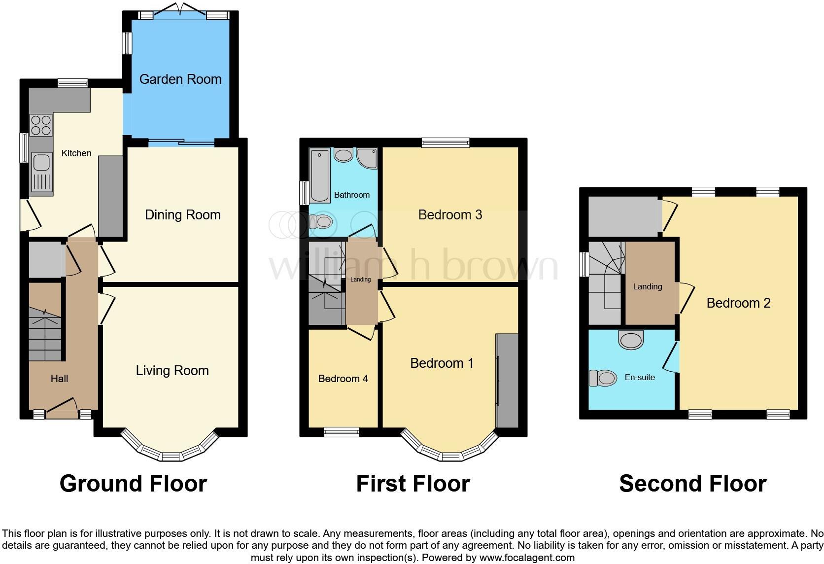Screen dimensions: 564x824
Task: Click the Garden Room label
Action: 180,79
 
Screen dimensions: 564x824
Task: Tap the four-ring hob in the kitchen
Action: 41,124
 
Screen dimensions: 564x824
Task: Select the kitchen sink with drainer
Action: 41,172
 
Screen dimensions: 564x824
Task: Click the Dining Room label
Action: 182,214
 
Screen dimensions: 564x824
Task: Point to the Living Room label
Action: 172,370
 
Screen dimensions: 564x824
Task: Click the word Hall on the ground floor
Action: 59,379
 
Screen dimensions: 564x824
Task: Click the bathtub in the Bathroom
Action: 320,176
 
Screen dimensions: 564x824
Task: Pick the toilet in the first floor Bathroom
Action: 321,222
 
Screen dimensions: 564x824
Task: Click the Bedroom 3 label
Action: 449,214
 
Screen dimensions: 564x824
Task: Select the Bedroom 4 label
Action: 343,379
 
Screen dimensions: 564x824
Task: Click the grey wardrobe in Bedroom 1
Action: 508,381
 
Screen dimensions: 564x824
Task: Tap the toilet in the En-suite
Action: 603,378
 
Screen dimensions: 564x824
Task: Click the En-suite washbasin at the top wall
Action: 631,339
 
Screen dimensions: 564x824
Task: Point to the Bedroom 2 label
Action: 738,303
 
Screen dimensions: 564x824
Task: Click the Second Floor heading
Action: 692,484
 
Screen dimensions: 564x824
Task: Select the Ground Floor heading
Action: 133,484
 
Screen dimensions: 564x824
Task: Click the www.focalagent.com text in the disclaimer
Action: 527,558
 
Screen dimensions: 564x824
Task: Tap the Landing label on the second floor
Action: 647,286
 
